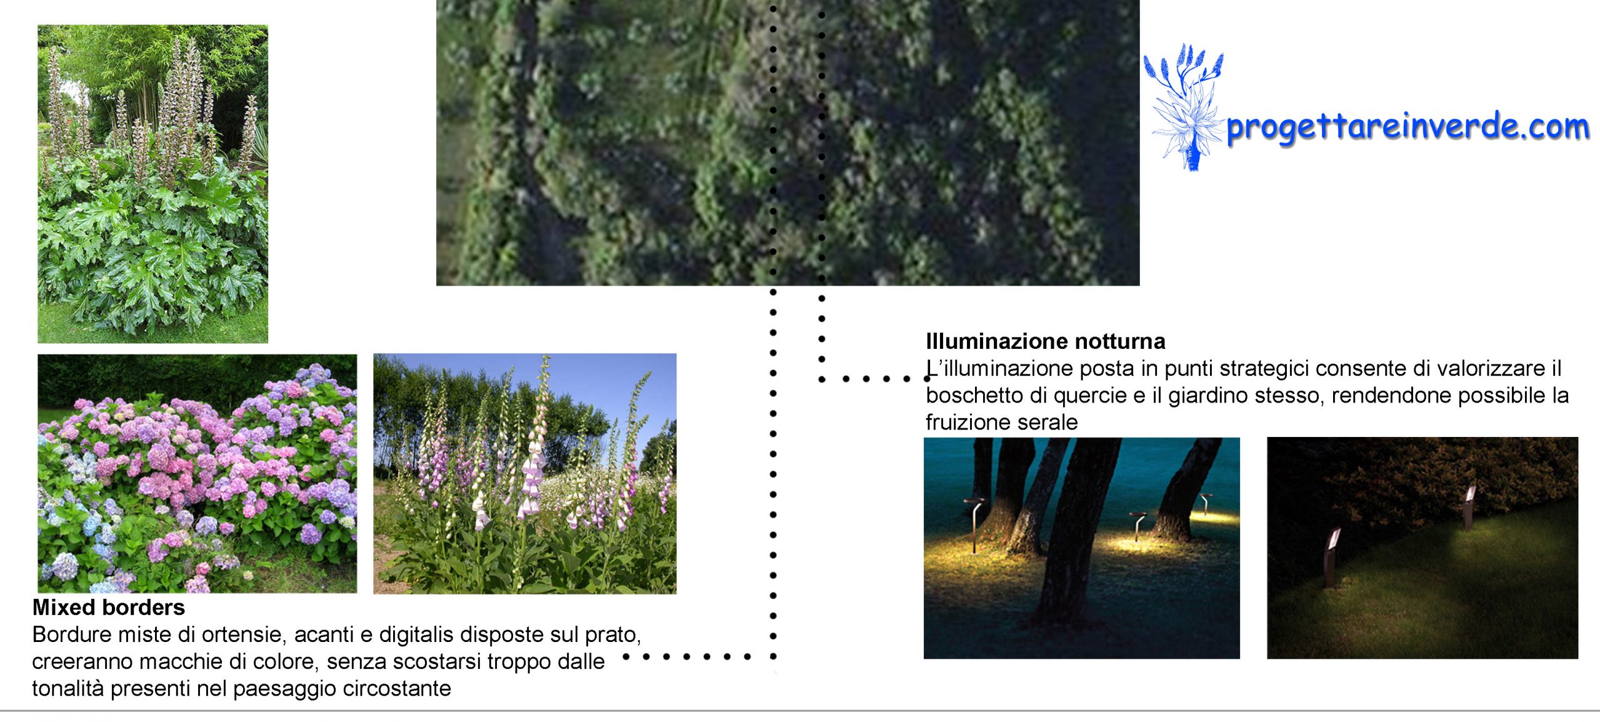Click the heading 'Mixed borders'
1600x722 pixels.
tap(109, 608)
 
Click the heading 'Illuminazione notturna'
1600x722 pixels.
tap(1046, 341)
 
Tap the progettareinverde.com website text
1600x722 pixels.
tap(1407, 127)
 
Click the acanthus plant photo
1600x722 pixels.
tap(153, 184)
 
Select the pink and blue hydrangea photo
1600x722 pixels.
tap(197, 473)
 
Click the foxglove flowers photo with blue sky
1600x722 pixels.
tap(525, 473)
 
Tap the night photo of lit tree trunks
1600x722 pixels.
tap(1082, 548)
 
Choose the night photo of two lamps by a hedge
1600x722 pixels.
tap(1422, 548)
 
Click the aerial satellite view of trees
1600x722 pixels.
tap(787, 143)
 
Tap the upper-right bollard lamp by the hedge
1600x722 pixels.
tap(1469, 506)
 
